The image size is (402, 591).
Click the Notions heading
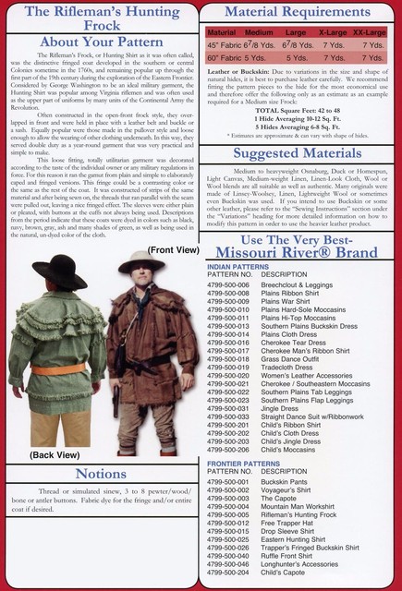coord(100,475)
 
